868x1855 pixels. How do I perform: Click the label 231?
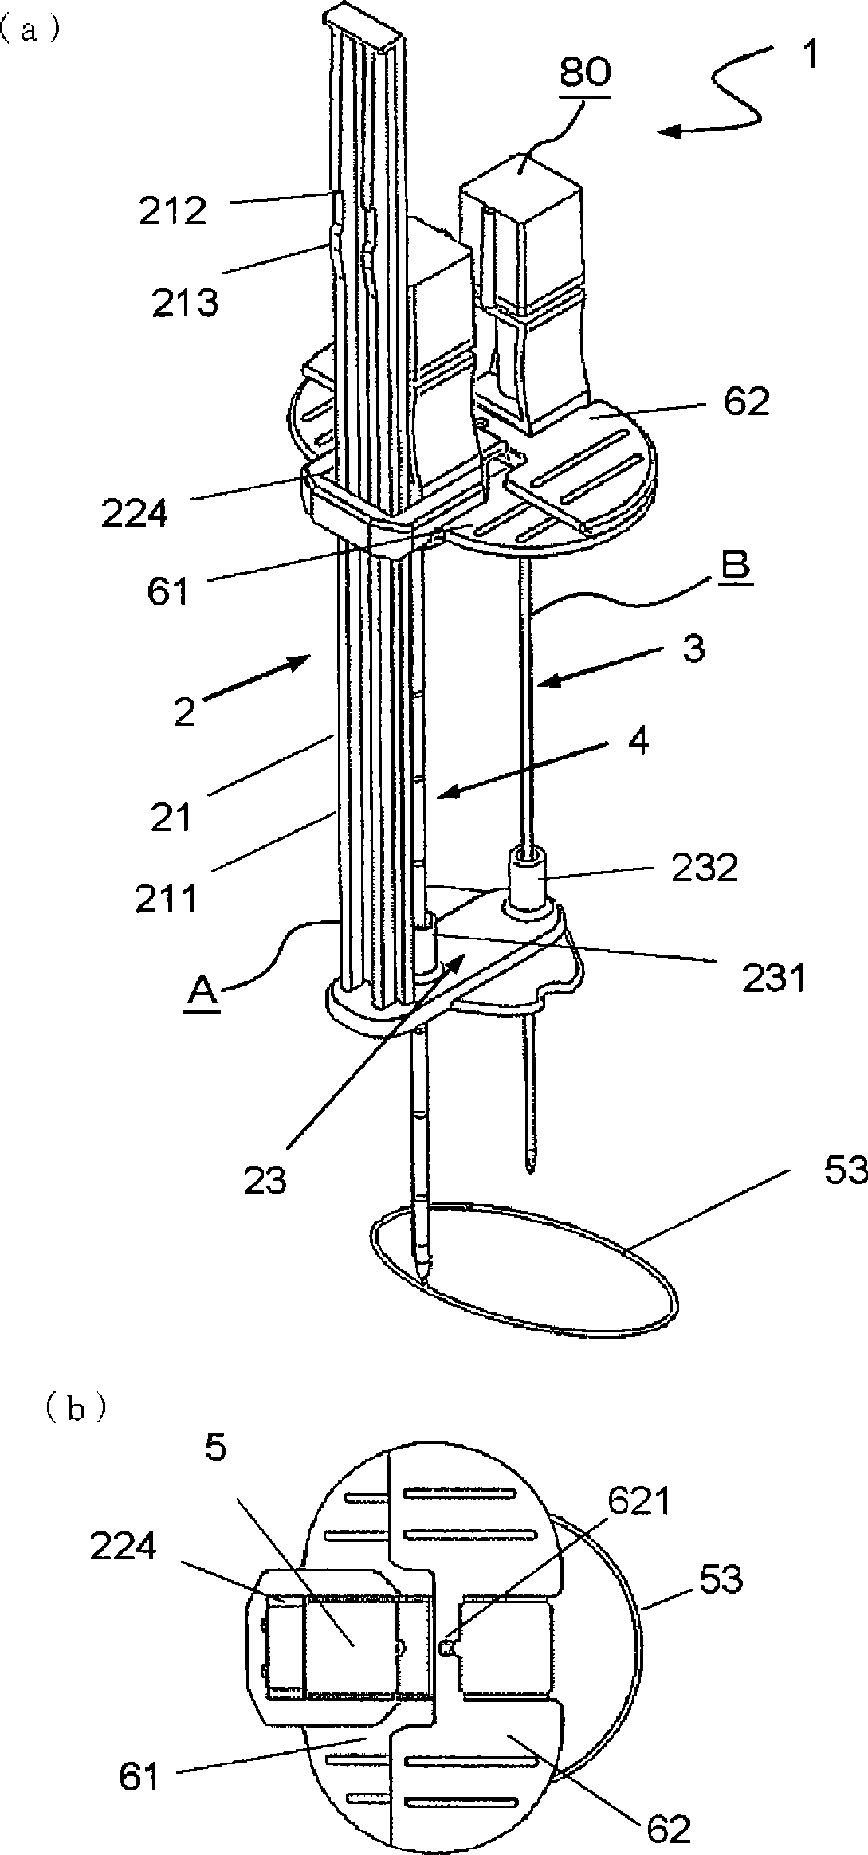(x=775, y=978)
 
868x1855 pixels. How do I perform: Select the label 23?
(x=265, y=1180)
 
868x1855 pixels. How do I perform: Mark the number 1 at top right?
(x=807, y=59)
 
